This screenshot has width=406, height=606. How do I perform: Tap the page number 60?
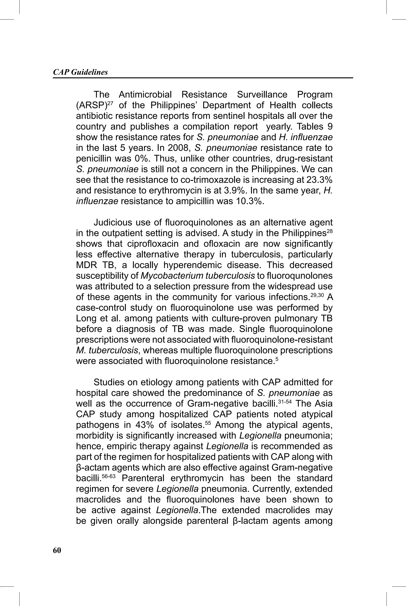[57, 550]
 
